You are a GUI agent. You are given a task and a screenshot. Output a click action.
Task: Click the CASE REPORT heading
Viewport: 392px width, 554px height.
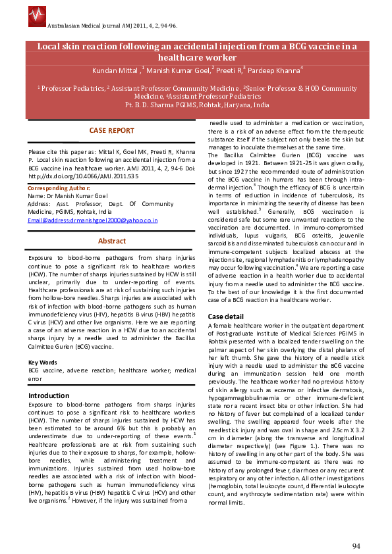[111, 131]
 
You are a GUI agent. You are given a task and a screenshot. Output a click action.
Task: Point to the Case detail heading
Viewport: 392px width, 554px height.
[226, 316]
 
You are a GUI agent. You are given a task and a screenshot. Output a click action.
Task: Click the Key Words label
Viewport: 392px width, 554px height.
[42, 363]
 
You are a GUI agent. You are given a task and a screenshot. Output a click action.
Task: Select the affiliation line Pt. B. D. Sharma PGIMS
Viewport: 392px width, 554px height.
[196, 105]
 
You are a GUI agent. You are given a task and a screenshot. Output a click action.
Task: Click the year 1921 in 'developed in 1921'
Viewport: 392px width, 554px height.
[248, 162]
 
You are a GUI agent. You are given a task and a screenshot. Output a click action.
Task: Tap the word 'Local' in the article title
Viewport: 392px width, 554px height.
[49, 47]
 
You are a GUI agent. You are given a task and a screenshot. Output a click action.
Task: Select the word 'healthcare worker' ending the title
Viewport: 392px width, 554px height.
[196, 58]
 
